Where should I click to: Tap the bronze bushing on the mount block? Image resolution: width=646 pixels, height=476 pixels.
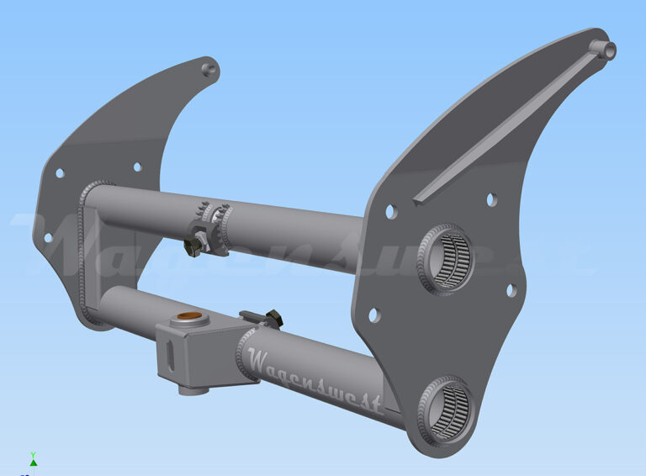point(186,320)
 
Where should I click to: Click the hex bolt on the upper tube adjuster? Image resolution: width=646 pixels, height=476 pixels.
point(193,246)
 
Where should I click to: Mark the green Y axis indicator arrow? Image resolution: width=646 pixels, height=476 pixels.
point(33,460)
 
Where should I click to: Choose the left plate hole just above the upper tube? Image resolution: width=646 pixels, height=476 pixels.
point(134,168)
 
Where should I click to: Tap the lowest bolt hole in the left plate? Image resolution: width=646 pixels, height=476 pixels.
point(60,173)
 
